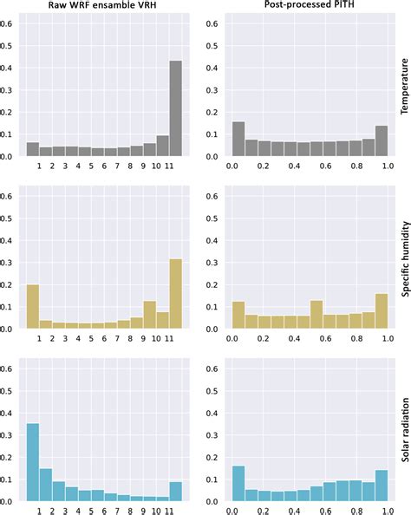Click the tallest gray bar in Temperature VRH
175,108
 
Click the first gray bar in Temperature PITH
238,139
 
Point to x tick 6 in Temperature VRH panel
104,165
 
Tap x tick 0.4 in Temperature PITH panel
293,165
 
